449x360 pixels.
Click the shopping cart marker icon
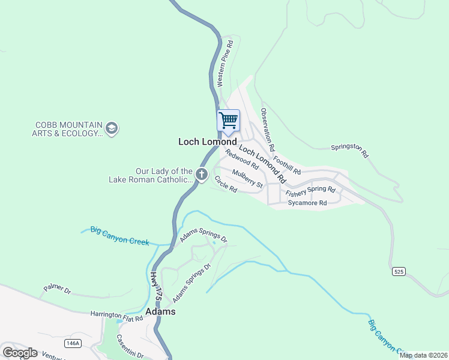tap(228, 121)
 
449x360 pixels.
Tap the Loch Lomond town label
tap(211, 142)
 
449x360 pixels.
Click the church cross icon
tap(202, 175)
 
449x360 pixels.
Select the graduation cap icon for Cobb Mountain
tap(111, 128)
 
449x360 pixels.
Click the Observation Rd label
tap(268, 129)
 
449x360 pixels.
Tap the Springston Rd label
tap(349, 150)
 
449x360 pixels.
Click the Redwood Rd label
tap(241, 158)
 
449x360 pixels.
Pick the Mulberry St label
tap(248, 179)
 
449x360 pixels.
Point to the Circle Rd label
tap(226, 184)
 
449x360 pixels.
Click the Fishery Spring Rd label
tap(310, 191)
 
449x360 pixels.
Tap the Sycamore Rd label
tap(307, 203)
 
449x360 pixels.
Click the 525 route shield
tap(399, 272)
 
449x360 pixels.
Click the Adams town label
tap(160, 311)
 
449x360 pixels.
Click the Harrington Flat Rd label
tap(116, 315)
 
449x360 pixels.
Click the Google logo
tap(20, 353)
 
